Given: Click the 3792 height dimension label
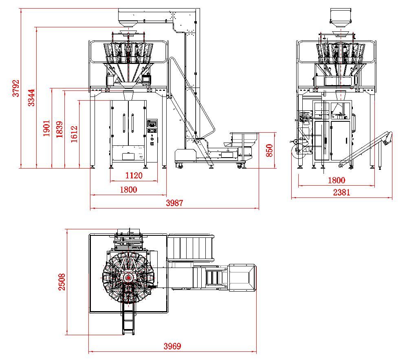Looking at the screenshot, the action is tap(16, 88).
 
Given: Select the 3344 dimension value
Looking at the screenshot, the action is tap(31, 98).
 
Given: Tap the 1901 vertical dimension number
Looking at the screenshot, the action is tap(46, 128).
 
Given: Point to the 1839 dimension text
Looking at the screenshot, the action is tap(59, 130).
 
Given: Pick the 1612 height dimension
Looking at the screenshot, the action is tap(74, 134).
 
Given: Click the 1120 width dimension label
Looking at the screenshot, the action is tap(134, 176).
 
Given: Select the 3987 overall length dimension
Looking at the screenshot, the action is tap(174, 203).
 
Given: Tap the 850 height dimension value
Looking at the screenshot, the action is tap(269, 150).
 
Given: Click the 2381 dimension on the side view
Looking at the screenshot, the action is tap(341, 192).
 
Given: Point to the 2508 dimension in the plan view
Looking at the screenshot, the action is tap(62, 282).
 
